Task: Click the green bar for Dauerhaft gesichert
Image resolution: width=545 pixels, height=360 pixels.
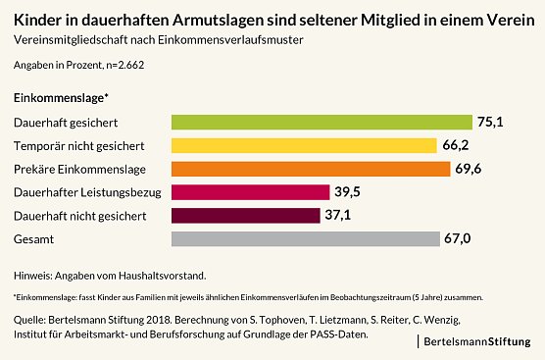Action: point(322,123)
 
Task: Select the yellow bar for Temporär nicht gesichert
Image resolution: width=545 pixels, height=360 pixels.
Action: point(304,146)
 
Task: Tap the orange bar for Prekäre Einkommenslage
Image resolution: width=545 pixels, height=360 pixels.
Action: point(311,169)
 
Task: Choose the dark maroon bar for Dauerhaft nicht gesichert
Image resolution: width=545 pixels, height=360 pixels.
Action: point(245,216)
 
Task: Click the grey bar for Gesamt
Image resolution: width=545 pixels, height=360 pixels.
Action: point(306,238)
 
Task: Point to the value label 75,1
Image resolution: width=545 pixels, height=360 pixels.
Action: point(489,123)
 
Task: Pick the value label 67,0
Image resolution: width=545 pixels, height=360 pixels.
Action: point(459,238)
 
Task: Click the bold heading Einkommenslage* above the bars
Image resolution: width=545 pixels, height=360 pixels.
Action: point(61,99)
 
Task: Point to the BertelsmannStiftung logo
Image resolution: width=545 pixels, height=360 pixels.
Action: point(479,341)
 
